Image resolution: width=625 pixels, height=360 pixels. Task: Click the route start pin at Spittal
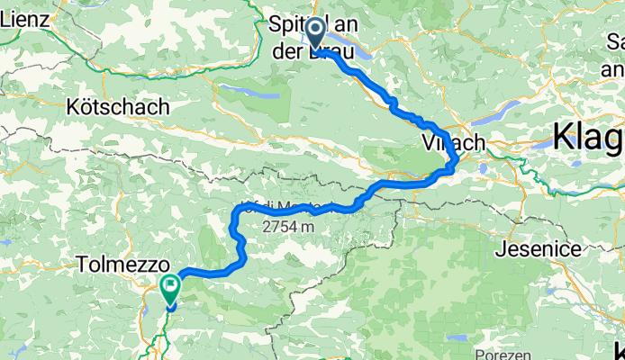[317, 34]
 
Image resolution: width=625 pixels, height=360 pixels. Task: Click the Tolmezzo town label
[123, 266]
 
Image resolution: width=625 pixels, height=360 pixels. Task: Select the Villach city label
[453, 143]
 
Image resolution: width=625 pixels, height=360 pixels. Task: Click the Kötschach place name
[117, 107]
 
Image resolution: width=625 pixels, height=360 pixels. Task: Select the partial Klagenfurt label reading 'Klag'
[587, 138]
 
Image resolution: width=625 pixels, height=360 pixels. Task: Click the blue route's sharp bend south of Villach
[454, 164]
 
